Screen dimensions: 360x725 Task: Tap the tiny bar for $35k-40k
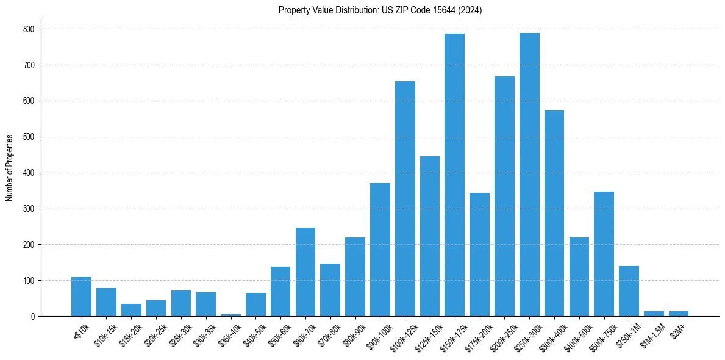click(230, 315)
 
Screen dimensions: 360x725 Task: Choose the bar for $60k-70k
click(305, 272)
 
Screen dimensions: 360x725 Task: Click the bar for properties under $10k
click(81, 297)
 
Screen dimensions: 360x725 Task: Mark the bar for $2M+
click(679, 314)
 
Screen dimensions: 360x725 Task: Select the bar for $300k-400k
click(554, 214)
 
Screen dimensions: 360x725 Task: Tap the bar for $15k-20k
click(131, 310)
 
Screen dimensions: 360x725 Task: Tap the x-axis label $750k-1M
click(628, 333)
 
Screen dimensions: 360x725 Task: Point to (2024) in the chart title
click(472, 10)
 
